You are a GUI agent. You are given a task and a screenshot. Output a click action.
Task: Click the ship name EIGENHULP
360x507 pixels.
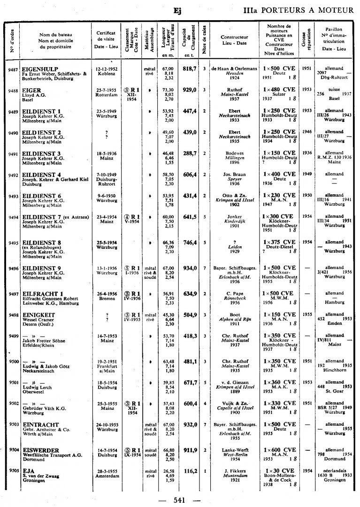click(40, 69)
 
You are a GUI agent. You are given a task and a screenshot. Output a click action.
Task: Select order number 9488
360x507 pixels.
click(13, 90)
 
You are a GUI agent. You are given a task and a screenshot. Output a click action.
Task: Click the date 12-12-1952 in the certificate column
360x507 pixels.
click(107, 69)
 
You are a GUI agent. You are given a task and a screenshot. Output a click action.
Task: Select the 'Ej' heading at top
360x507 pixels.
click(177, 10)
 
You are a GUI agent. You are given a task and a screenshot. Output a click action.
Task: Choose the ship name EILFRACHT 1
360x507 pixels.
click(43, 294)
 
